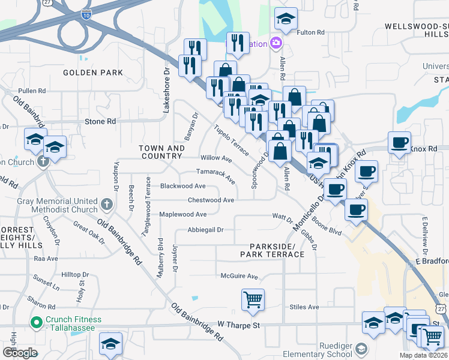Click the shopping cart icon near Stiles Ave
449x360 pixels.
253,299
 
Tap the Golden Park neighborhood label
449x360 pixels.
93,73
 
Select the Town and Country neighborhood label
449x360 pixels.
161,152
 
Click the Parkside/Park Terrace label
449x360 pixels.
272,251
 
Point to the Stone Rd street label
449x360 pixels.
100,121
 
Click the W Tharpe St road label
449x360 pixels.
241,325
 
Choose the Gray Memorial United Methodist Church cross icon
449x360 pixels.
107,204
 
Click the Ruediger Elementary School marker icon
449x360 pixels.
361,348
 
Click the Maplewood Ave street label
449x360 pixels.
182,214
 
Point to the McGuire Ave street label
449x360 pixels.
239,277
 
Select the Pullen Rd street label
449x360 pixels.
32,91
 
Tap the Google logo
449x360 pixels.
20,353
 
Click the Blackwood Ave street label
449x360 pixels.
182,186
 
